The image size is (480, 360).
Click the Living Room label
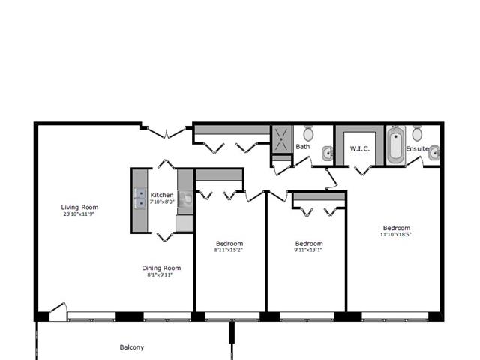pos(79,207)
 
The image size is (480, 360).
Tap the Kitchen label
pos(162,195)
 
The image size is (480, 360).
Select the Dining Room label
pos(161,268)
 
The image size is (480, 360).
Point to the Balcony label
pos(132,347)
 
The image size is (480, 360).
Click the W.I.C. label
pos(360,149)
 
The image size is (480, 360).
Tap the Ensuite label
pos(417,148)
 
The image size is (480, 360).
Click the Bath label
pos(303,147)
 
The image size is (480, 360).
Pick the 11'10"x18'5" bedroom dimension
pos(396,235)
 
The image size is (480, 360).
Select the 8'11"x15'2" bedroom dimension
pos(229,250)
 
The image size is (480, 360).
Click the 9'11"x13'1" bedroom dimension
pos(308,250)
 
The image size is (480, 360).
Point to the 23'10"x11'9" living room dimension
pos(79,214)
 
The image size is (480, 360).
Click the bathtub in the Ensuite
pos(396,145)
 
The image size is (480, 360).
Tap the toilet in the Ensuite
pos(417,133)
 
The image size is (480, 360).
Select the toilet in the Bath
pos(308,133)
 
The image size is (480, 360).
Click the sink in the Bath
pos(327,153)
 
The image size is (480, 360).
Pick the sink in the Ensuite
pos(433,153)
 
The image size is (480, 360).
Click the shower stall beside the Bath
pos(282,139)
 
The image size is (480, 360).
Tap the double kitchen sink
pos(140,199)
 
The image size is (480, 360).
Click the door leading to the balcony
pos(58,311)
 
